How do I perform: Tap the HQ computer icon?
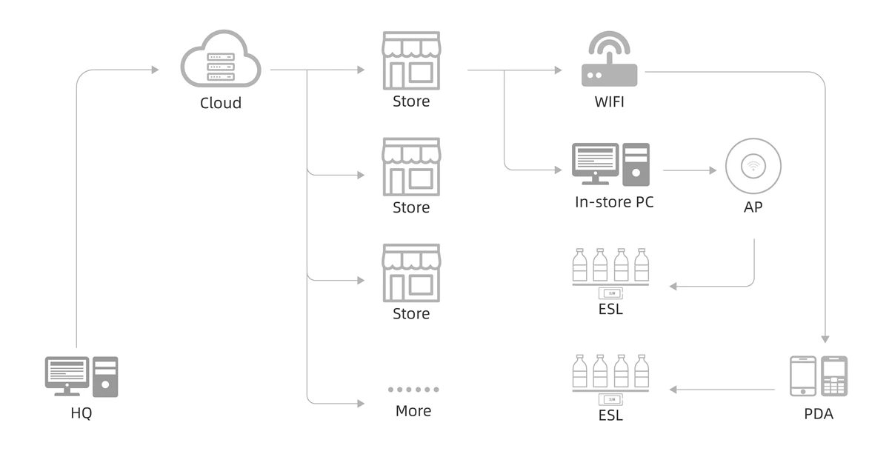pos(81,377)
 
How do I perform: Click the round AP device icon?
pos(753,167)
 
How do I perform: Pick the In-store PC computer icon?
pos(610,164)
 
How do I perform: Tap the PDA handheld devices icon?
pos(818,376)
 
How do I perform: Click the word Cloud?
pos(221,103)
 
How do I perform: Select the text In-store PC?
pos(614,201)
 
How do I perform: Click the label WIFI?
pos(609,101)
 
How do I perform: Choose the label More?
pos(413,410)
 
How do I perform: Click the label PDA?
pos(819,414)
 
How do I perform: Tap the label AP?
pos(753,207)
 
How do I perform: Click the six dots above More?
pos(413,389)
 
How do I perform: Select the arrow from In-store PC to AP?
pos(689,170)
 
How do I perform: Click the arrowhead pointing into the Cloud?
pos(155,70)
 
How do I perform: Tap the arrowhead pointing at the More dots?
pos(361,404)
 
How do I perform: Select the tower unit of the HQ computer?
pos(105,377)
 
